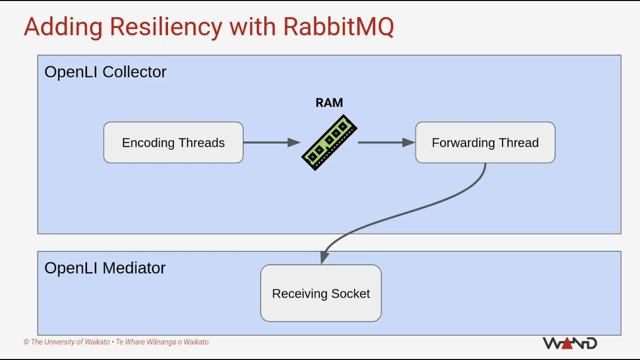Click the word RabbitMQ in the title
tap(338, 26)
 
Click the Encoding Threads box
tap(173, 142)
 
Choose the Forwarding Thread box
tap(485, 142)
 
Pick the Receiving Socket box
tap(321, 293)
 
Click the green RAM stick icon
tap(329, 142)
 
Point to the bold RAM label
tap(329, 103)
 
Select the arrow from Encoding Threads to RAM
tap(271, 142)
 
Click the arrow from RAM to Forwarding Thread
tap(386, 142)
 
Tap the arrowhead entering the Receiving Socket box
tap(324, 257)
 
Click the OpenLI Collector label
tap(105, 71)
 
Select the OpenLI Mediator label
tap(105, 268)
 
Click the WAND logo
tap(569, 343)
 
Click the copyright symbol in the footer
tap(26, 342)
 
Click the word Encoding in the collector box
tap(148, 143)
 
